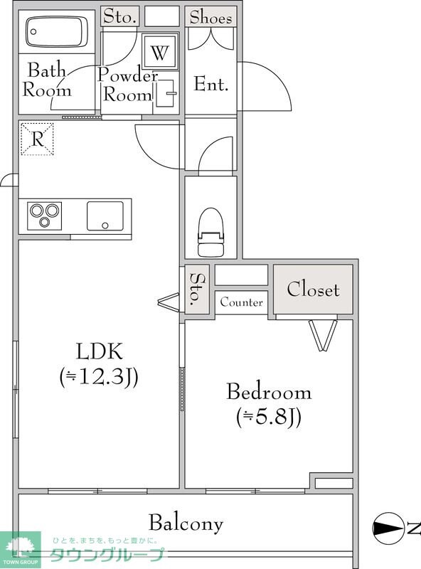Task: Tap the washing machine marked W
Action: click(x=160, y=51)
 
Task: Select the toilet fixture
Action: click(x=210, y=233)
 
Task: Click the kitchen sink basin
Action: click(x=105, y=216)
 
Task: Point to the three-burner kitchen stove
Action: click(x=45, y=216)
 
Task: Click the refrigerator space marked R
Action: click(x=37, y=139)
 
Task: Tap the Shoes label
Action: click(x=210, y=17)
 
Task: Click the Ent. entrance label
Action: click(x=211, y=84)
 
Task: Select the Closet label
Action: click(x=313, y=289)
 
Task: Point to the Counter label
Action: click(x=241, y=302)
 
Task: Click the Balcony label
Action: click(x=186, y=523)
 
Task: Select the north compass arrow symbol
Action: click(x=388, y=528)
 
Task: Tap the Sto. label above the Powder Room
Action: click(x=119, y=16)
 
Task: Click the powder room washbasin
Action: click(x=166, y=94)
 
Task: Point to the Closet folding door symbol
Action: click(x=323, y=334)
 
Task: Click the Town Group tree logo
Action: click(x=21, y=546)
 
